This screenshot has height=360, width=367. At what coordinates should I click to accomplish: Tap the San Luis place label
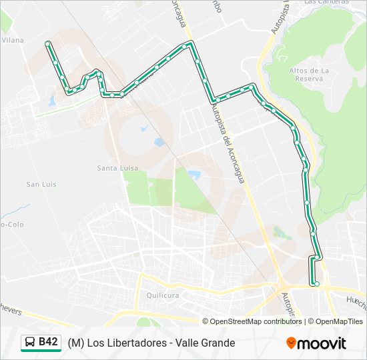41,184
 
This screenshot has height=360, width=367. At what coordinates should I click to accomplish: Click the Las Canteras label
326,2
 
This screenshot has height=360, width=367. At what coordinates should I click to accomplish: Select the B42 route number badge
48,342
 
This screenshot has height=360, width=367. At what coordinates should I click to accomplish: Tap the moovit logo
316,343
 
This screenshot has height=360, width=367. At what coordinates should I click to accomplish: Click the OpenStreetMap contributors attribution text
256,321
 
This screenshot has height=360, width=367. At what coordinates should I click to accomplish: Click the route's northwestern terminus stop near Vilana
47,43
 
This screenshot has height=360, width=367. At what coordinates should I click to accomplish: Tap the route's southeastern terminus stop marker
316,284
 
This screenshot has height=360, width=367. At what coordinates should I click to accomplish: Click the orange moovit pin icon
292,343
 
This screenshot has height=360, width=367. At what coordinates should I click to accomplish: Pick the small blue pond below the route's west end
52,101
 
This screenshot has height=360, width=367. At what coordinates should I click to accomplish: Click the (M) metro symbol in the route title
75,343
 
